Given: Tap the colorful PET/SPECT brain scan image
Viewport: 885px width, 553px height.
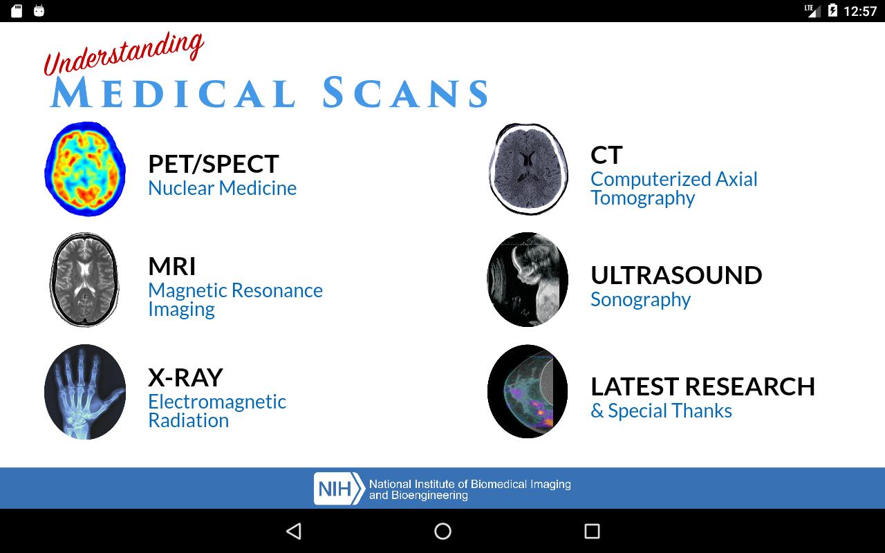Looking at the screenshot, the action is (85, 169).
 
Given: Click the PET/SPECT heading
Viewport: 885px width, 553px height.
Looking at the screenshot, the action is (214, 164).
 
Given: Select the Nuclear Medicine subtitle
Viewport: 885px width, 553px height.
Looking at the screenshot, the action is (222, 188).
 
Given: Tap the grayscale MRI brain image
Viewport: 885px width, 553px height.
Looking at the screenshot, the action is (84, 280).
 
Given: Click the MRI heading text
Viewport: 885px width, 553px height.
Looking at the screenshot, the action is (172, 266).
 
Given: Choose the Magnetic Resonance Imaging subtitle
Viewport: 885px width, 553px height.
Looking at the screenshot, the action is (236, 299).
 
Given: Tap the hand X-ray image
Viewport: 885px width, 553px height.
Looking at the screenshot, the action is (85, 391).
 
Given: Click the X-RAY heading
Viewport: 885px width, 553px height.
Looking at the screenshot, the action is (185, 377).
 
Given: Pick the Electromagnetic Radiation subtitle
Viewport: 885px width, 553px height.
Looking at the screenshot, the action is (217, 411).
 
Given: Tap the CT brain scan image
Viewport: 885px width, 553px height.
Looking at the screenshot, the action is (528, 169).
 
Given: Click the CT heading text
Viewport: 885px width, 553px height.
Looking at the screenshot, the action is (606, 155).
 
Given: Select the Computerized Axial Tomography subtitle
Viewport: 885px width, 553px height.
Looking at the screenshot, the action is (674, 189).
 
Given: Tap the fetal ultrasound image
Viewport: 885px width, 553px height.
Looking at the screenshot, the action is (528, 280).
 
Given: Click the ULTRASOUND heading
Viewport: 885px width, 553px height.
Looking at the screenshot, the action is (676, 275).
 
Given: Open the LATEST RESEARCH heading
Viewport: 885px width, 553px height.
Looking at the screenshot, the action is (703, 386).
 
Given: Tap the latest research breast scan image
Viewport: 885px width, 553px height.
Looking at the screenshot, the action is (528, 391).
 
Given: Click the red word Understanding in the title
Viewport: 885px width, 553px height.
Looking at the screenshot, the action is (124, 54).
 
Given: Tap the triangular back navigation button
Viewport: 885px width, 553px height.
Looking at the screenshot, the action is (294, 532).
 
